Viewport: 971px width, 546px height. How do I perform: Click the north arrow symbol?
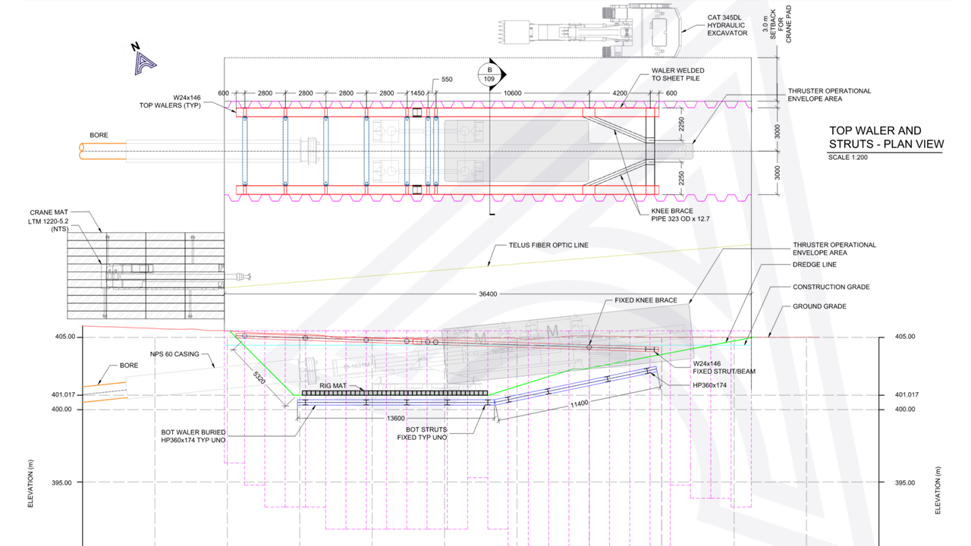pos(142,61)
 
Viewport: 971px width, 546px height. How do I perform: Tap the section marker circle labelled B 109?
pos(489,74)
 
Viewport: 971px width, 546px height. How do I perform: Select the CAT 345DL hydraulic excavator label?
pos(727,24)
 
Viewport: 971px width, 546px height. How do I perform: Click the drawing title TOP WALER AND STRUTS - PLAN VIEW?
pos(886,137)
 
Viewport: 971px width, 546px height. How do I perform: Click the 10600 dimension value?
pos(512,93)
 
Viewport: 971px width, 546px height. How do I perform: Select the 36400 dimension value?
pos(488,293)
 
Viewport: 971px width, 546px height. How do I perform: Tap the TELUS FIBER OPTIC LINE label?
pos(550,246)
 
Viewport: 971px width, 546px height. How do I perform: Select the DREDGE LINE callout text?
pos(814,265)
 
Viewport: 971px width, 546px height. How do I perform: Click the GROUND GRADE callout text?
pos(819,306)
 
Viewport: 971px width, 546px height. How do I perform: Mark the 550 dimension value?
pos(446,80)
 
